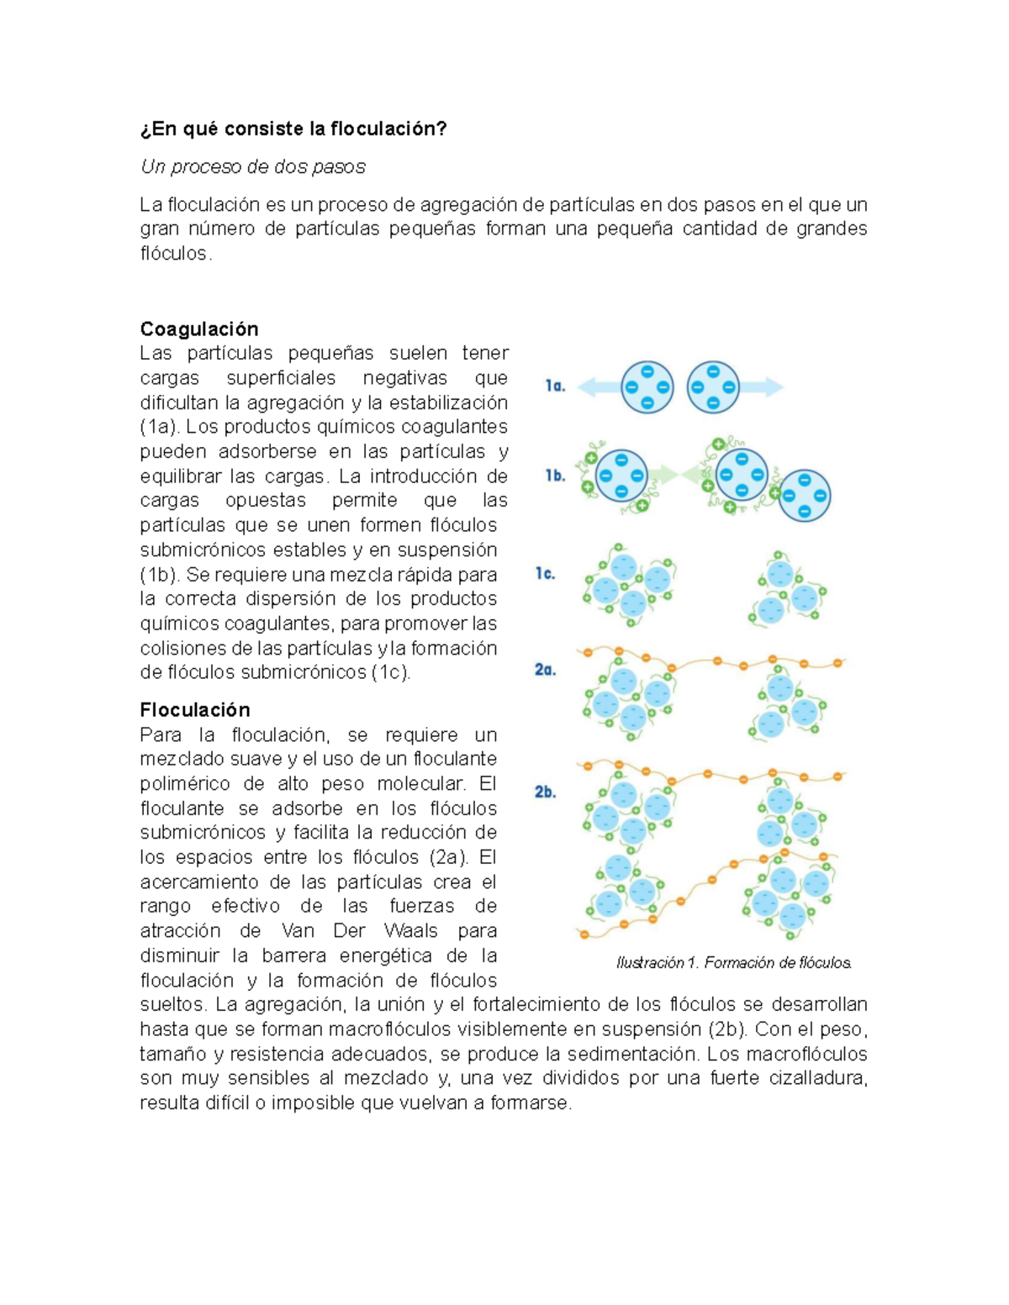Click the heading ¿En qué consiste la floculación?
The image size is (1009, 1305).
click(x=293, y=129)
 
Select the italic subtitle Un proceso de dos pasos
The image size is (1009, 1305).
click(x=253, y=167)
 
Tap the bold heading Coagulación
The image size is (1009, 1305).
click(x=199, y=329)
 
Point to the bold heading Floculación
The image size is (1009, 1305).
click(x=195, y=710)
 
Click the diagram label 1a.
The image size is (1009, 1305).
click(x=555, y=386)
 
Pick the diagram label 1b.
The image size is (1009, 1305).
click(x=555, y=476)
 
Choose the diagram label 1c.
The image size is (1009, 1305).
click(x=545, y=574)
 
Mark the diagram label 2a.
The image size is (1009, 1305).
click(x=545, y=670)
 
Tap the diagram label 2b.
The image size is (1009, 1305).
click(x=545, y=792)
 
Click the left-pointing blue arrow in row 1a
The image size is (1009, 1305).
click(x=598, y=387)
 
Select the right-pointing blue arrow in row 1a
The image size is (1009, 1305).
click(x=762, y=387)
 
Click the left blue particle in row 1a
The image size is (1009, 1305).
click(x=647, y=387)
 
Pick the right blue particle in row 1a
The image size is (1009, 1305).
click(x=713, y=387)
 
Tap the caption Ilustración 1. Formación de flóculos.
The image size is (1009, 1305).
click(x=734, y=963)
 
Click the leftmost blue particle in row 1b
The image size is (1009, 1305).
click(x=621, y=476)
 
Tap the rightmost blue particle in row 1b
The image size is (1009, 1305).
click(x=805, y=496)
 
